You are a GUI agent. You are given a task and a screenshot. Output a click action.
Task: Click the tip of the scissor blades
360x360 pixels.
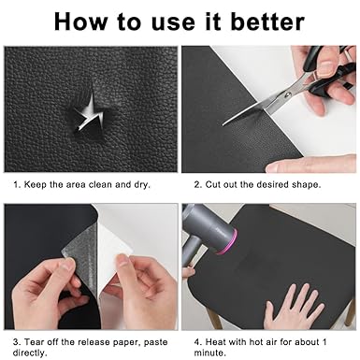click(x=223, y=124)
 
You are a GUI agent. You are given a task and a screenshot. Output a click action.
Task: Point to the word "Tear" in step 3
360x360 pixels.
click(x=34, y=342)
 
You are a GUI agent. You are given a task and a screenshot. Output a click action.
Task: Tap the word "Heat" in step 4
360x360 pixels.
click(x=216, y=342)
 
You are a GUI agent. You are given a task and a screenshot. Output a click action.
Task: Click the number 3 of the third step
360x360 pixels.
click(x=16, y=342)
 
